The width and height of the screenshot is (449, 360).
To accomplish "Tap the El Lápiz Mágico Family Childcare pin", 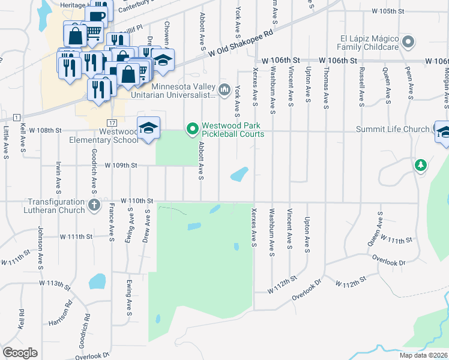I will point(408,42).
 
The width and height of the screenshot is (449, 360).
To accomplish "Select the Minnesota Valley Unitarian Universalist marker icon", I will point(224,90).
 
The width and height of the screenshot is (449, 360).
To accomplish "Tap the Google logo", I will point(20,353).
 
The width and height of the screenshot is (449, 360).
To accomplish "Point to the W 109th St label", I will point(121,165).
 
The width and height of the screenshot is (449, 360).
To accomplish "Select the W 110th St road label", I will point(137,200).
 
